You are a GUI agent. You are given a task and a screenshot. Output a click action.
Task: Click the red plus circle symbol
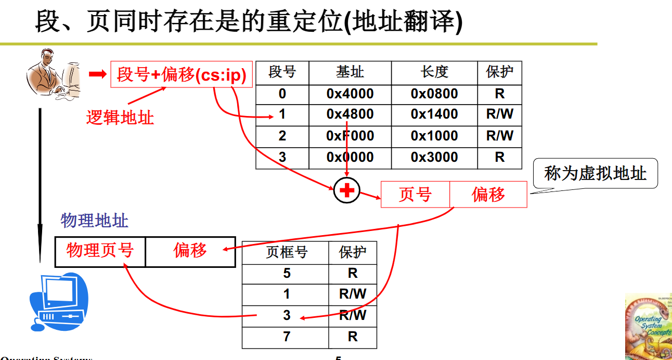[x=347, y=190]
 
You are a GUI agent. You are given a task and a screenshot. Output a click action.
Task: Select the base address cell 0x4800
[x=350, y=114]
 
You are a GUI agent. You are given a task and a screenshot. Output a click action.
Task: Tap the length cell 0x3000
[x=434, y=158]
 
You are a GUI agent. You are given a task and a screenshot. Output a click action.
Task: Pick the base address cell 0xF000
[x=350, y=136]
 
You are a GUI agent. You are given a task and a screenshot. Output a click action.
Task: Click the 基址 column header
[x=350, y=72]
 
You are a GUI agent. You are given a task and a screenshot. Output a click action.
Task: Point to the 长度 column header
[x=434, y=72]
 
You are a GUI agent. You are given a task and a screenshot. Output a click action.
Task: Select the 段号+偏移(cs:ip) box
[x=182, y=74]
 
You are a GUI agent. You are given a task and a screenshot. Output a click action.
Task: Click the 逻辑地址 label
[x=120, y=117]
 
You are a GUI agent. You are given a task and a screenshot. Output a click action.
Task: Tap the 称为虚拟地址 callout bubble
[x=595, y=173]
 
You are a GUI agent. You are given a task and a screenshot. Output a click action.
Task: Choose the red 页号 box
[x=415, y=195]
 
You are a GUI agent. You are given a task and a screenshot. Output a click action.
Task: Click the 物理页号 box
[x=100, y=251]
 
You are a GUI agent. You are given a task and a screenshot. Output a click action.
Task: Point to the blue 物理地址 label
[x=94, y=221]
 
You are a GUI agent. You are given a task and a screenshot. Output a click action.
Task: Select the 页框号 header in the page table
[x=287, y=252]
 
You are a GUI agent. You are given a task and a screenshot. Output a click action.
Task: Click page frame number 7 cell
[x=286, y=337]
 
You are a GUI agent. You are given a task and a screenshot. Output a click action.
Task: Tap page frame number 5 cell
[x=286, y=274]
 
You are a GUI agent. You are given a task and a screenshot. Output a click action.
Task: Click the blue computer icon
[x=58, y=302]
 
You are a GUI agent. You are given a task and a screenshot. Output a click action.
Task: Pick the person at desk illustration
[x=53, y=73]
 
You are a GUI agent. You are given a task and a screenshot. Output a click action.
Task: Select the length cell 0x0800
[x=434, y=94]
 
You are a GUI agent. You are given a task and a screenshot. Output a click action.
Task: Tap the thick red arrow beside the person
[x=98, y=74]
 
